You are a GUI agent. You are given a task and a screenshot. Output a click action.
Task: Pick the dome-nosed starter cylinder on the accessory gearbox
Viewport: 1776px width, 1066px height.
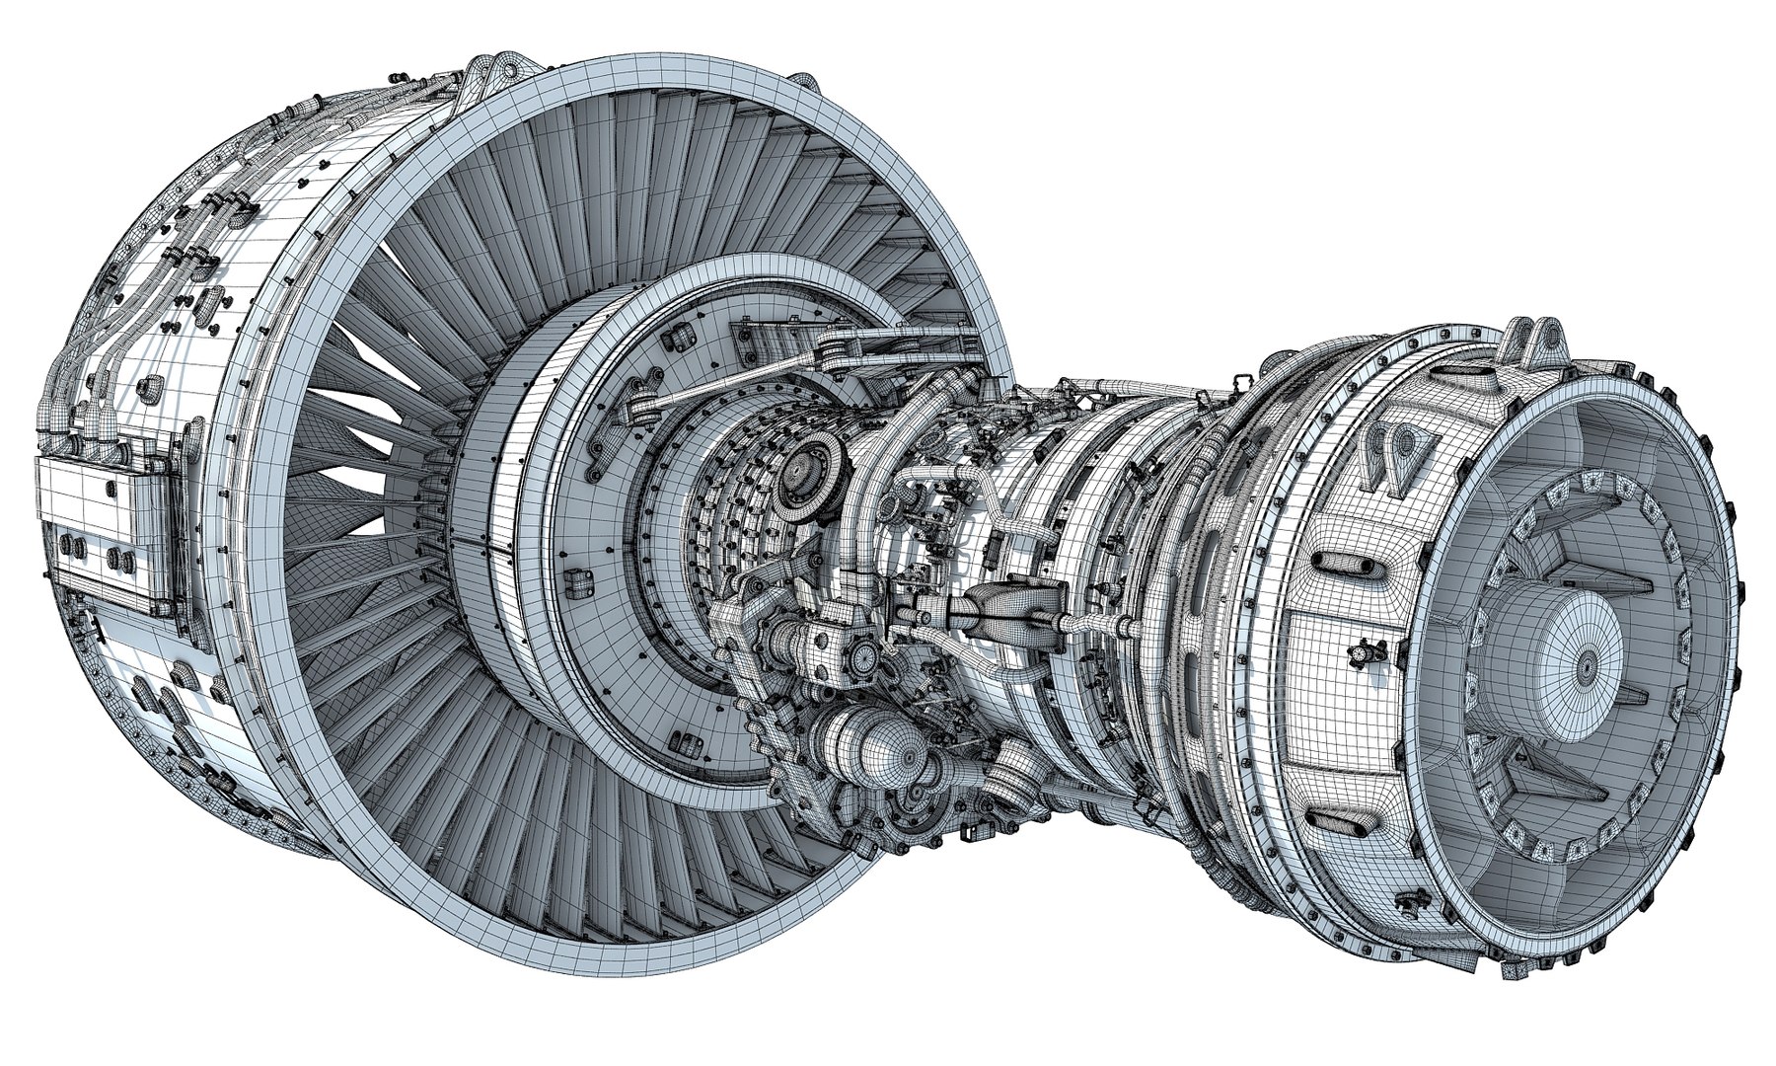tap(868, 752)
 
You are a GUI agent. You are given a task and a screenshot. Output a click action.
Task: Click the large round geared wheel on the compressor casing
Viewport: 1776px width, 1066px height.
tap(815, 475)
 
